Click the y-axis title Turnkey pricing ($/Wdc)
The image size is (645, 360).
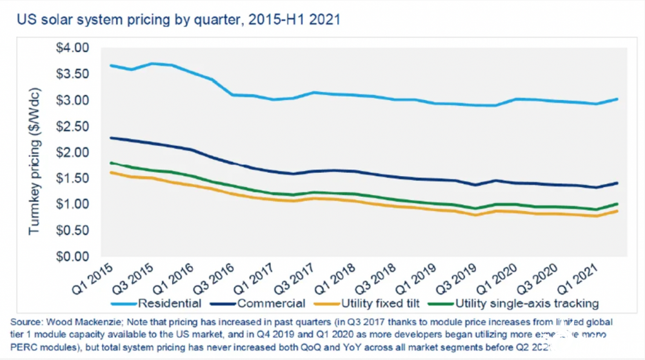[x=35, y=152]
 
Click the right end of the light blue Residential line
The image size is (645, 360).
[x=618, y=99]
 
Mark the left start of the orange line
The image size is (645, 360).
[x=111, y=172]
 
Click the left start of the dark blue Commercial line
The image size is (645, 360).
[x=111, y=137]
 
